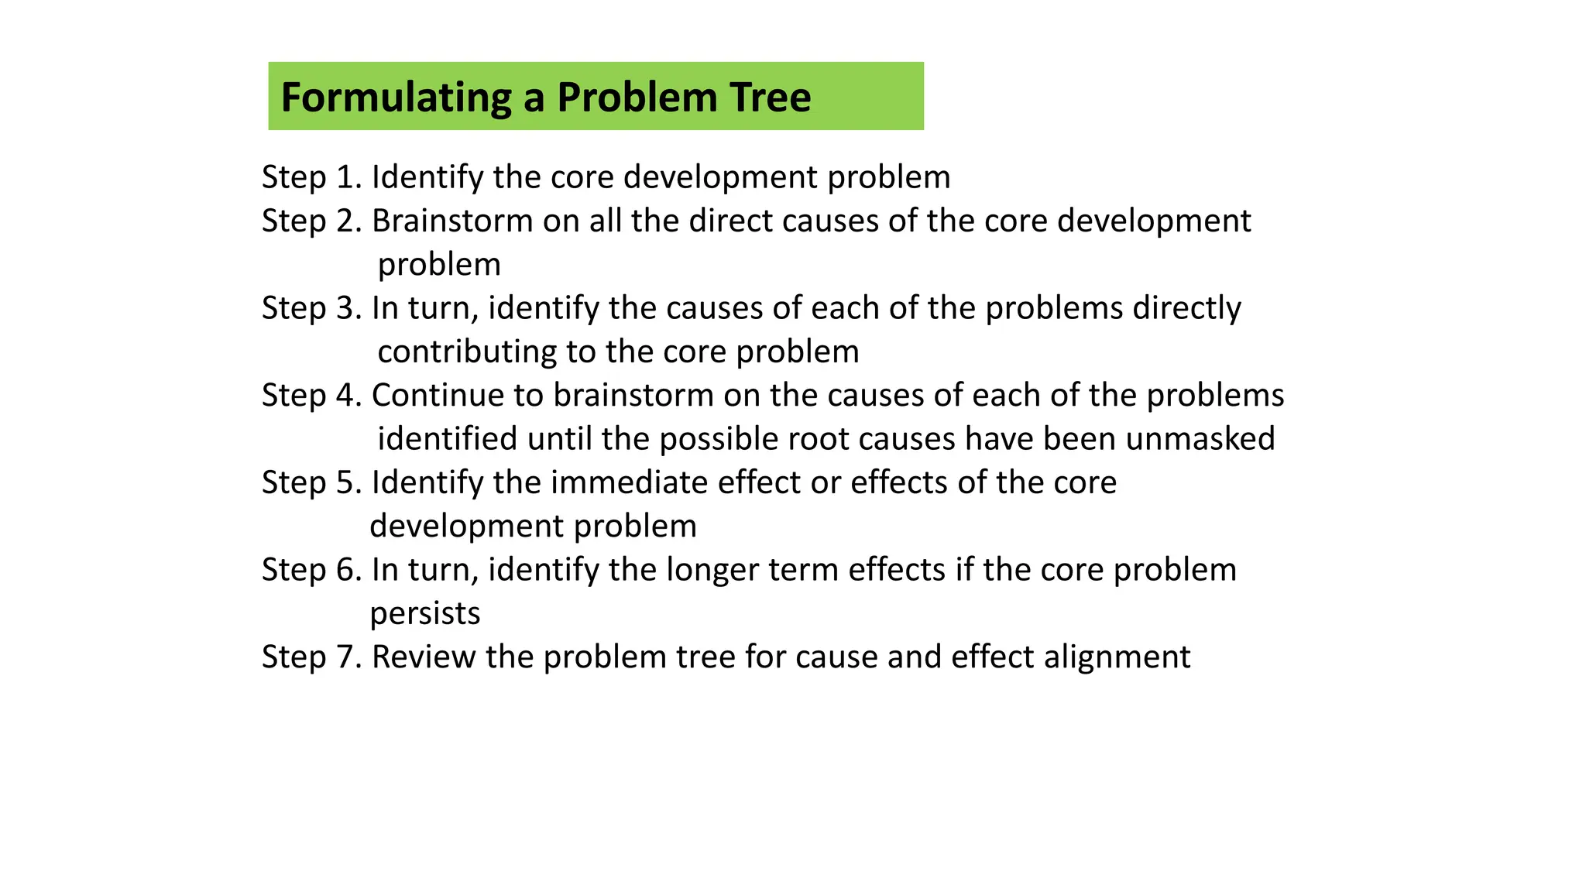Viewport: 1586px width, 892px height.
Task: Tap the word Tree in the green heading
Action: tap(770, 98)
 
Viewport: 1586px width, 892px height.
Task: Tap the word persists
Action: tap(425, 613)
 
